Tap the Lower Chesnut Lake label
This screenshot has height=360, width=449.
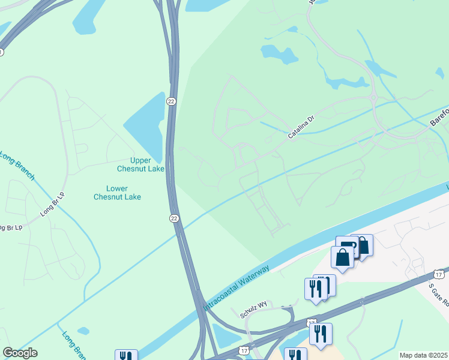[x=118, y=192]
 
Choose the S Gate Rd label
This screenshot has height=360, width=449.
[x=439, y=295]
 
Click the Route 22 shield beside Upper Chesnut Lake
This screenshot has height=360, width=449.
[x=172, y=102]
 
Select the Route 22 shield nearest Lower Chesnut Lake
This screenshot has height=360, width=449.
[x=174, y=218]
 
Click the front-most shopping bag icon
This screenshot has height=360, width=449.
[x=342, y=257]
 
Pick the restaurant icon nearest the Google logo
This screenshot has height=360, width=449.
[x=126, y=356]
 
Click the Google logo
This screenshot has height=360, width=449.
[x=20, y=353]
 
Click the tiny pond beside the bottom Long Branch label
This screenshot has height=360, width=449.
[x=83, y=331]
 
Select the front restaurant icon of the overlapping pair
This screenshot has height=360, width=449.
[x=316, y=288]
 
